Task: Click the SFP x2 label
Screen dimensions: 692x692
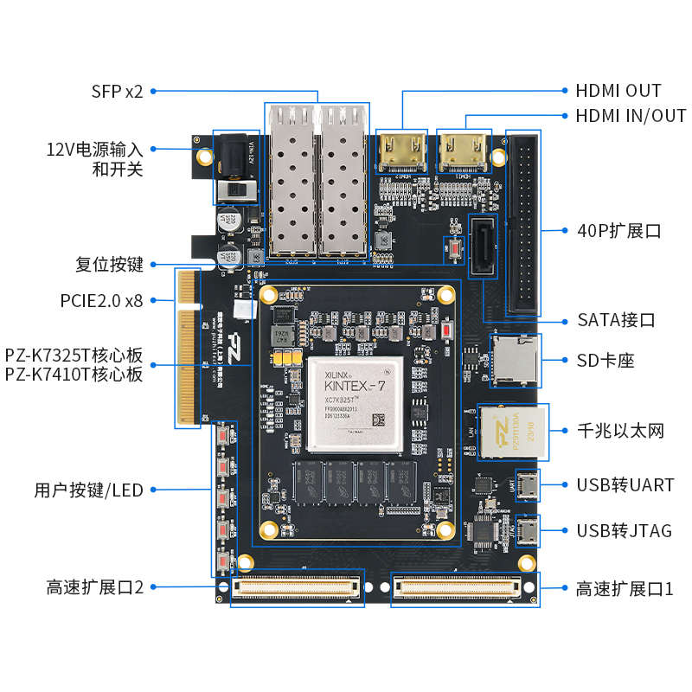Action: [117, 91]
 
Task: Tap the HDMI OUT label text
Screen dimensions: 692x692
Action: [618, 91]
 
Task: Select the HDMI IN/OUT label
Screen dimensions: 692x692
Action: [631, 116]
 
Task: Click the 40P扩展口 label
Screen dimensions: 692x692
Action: [618, 232]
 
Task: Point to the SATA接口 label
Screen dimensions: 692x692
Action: [616, 320]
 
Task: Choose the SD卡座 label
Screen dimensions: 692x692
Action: [605, 361]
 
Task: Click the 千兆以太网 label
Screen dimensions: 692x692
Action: [620, 431]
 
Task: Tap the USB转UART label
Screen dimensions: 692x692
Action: [625, 485]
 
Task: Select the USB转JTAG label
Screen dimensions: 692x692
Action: [624, 530]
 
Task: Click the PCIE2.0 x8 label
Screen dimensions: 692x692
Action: [101, 301]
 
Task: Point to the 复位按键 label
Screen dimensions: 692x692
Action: [109, 265]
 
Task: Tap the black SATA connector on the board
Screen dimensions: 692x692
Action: [483, 247]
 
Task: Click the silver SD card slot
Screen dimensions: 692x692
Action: [516, 359]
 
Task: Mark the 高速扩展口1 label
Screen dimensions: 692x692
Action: [624, 589]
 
